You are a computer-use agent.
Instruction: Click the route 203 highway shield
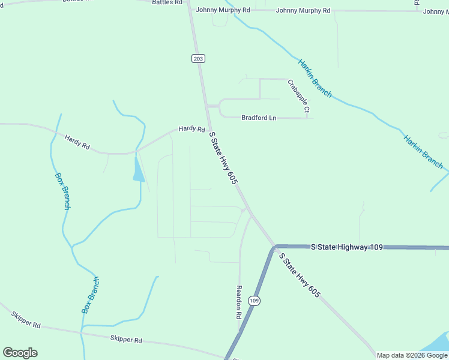pyautogui.click(x=199, y=58)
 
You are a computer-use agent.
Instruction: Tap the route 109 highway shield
pyautogui.click(x=255, y=301)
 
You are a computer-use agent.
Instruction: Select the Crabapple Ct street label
pyautogui.click(x=298, y=96)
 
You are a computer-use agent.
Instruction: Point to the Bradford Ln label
pyautogui.click(x=259, y=118)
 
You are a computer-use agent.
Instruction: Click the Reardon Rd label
pyautogui.click(x=239, y=302)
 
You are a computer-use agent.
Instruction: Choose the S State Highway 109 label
pyautogui.click(x=346, y=247)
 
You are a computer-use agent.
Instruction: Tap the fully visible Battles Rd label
pyautogui.click(x=167, y=2)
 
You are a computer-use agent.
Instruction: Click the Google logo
pyautogui.click(x=20, y=353)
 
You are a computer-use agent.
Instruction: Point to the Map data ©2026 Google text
pyautogui.click(x=412, y=355)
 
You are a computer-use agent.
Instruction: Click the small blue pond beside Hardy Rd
pyautogui.click(x=138, y=168)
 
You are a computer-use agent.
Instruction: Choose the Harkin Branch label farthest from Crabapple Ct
pyautogui.click(x=423, y=152)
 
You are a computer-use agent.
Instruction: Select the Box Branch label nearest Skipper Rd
pyautogui.click(x=90, y=295)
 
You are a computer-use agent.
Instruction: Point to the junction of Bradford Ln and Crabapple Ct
pyautogui.click(x=307, y=118)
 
